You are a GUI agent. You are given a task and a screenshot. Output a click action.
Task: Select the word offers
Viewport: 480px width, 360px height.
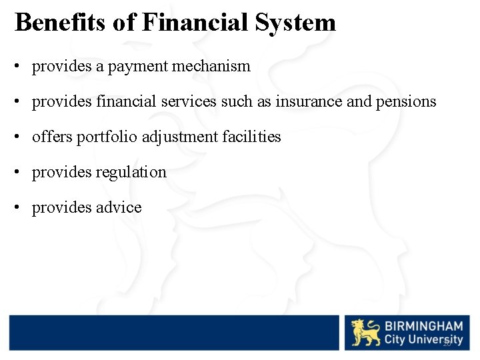pyautogui.click(x=52, y=137)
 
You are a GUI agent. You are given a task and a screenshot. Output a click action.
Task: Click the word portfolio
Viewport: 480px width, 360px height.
pyautogui.click(x=103, y=137)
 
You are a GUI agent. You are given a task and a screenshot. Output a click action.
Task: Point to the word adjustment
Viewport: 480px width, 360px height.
pyautogui.click(x=171, y=137)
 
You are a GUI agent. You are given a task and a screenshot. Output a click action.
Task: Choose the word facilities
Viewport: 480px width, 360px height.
pyautogui.click(x=251, y=137)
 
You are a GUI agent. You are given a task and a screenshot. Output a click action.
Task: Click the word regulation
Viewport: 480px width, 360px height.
pyautogui.click(x=131, y=172)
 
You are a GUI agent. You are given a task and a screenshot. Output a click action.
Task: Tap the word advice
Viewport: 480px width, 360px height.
pyautogui.click(x=119, y=207)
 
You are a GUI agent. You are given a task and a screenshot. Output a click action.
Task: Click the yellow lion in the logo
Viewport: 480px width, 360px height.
pyautogui.click(x=365, y=332)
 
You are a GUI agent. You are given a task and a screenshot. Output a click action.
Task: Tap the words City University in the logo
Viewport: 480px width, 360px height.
pyautogui.click(x=423, y=340)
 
